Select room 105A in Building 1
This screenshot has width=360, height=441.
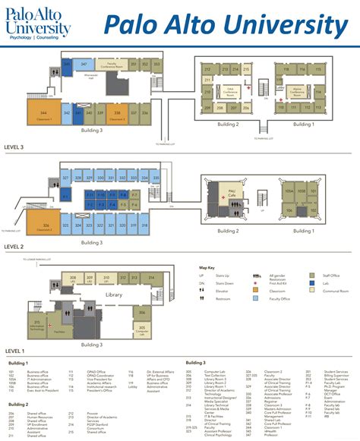tap(289, 191)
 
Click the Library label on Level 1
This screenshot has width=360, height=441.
tap(113, 295)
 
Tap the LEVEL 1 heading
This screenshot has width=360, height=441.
tap(15, 351)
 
